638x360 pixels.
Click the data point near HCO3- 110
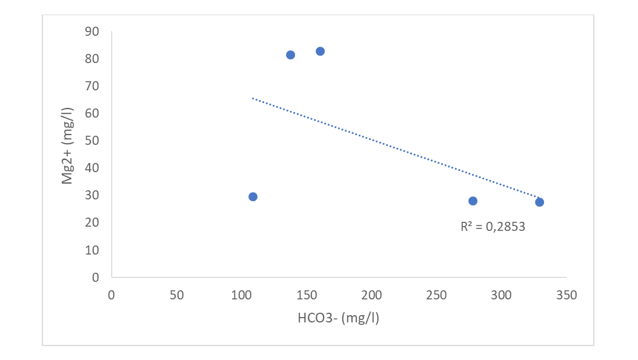[253, 197]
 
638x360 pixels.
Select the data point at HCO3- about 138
[290, 55]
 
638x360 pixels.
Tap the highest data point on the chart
[321, 52]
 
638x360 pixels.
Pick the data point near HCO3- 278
[473, 201]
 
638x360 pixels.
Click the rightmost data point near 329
[539, 202]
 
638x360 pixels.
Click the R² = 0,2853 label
[493, 227]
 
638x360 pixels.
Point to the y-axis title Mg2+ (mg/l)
[67, 146]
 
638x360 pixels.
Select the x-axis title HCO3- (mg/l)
[339, 318]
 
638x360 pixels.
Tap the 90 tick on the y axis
[92, 32]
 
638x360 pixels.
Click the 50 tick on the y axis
[92, 141]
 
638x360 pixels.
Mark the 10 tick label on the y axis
[92, 250]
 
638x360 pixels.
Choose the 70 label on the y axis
[92, 86]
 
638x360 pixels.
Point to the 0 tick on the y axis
[96, 277]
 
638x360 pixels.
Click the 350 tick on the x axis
[567, 295]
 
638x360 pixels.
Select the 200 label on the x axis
[371, 295]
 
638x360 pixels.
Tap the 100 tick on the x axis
[241, 295]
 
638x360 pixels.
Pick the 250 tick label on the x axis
[437, 295]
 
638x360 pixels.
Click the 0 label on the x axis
[111, 295]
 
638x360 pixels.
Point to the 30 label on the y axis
[92, 195]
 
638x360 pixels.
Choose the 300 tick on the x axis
[501, 295]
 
